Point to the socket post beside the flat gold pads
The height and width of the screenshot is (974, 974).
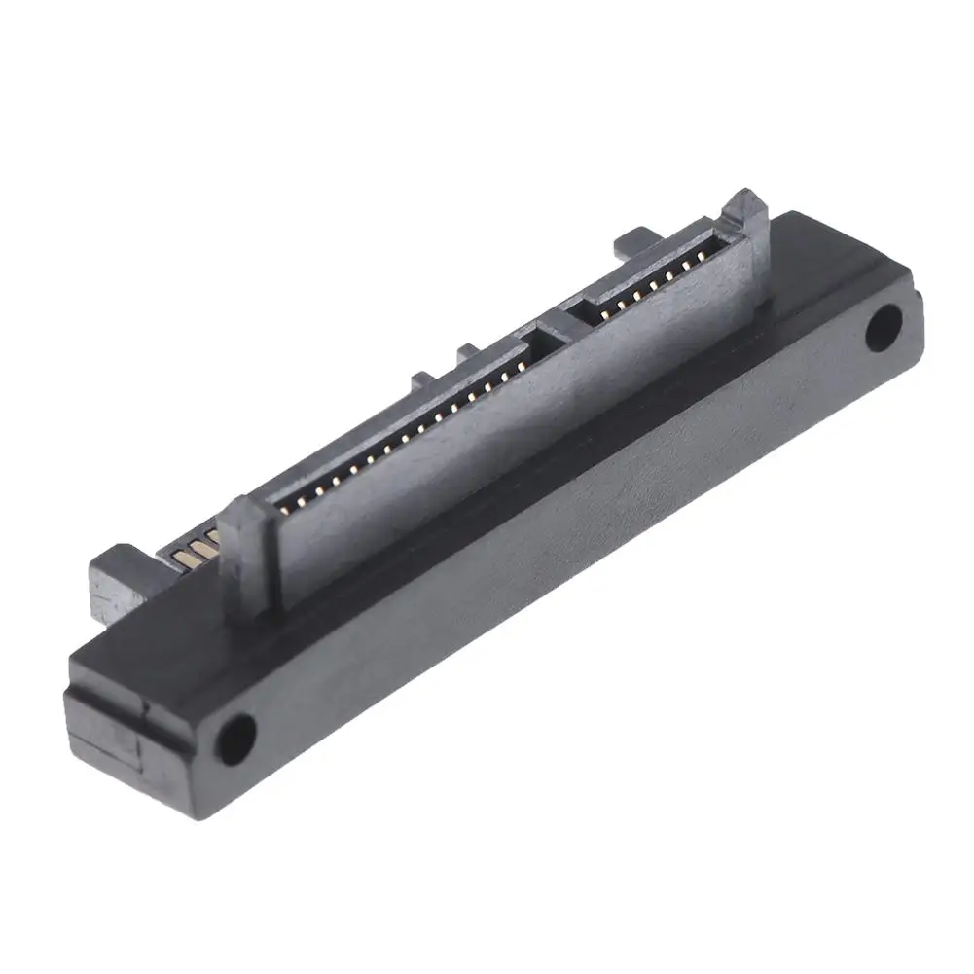247,545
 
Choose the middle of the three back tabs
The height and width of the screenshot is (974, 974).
468,351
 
